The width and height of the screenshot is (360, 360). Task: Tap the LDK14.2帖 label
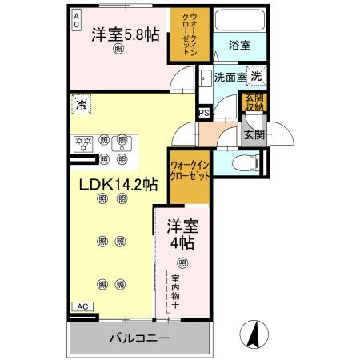pos(117,184)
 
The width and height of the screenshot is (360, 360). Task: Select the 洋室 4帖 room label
pos(182,232)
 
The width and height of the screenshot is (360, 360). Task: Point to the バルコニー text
pos(140,338)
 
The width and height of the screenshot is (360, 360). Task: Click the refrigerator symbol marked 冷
pos(81,103)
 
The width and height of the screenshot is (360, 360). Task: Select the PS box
pos(203,113)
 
